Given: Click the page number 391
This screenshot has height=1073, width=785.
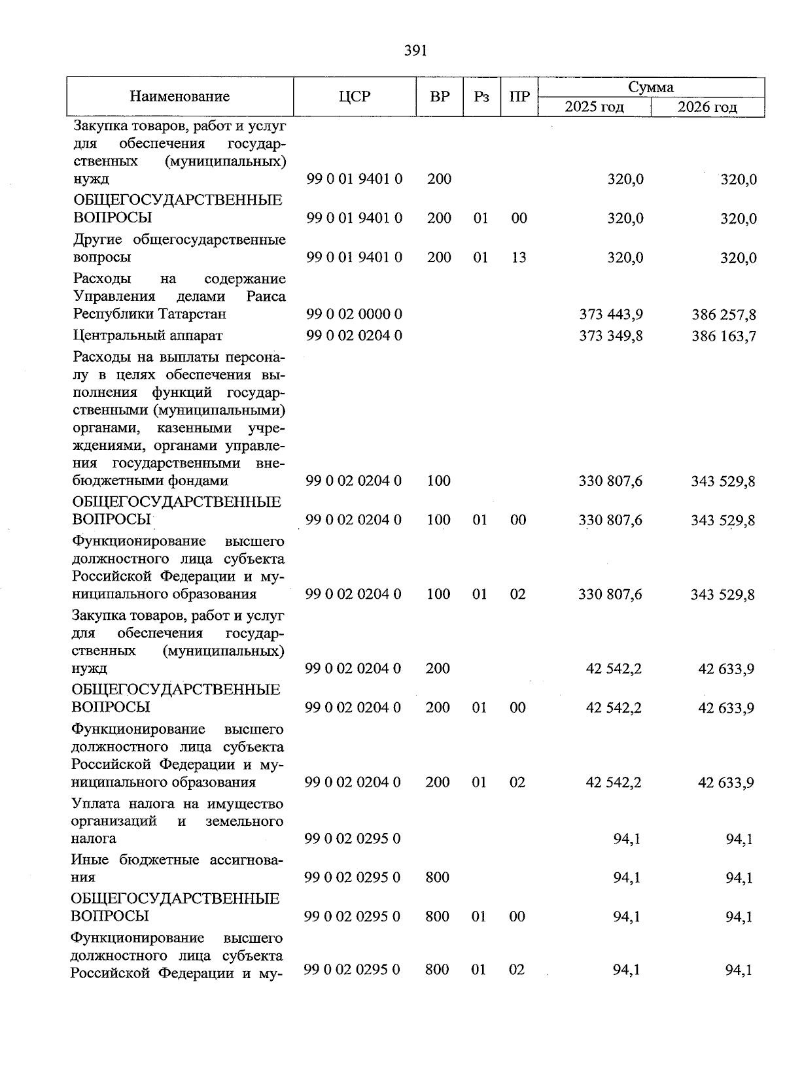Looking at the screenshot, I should click(415, 50).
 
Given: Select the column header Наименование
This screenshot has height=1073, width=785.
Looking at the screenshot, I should click(180, 97).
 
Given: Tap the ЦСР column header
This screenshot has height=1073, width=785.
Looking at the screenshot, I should click(355, 97).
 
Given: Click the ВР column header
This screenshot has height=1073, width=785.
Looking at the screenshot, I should click(440, 97).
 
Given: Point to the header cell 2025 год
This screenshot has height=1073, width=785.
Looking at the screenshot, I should click(594, 107).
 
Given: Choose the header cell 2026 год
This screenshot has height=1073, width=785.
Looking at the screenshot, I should click(707, 107).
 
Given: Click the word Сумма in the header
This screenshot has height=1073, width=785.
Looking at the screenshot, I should click(651, 87).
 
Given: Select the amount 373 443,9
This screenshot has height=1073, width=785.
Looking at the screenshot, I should click(611, 315).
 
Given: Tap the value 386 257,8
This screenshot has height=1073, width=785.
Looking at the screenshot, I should click(724, 315).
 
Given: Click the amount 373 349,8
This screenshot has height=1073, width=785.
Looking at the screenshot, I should click(611, 336).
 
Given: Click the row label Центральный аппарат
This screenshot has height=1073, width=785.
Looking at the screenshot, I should click(148, 335).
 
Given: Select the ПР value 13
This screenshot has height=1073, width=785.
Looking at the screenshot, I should click(519, 258).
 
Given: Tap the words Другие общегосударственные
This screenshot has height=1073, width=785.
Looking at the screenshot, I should click(179, 240).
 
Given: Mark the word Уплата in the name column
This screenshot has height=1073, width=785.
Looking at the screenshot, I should click(94, 804).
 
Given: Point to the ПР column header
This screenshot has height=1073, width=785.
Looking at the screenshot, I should click(519, 97).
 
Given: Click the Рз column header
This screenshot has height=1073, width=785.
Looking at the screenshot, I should click(481, 97).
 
